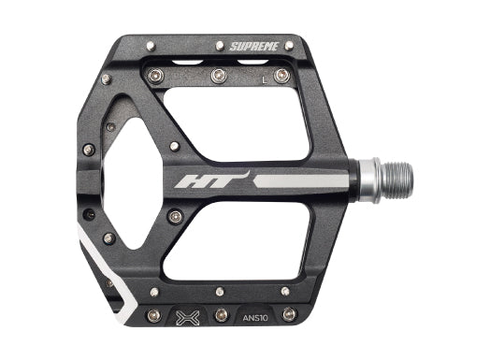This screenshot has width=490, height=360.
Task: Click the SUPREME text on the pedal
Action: tap(254, 47)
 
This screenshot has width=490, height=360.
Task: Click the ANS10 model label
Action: tap(255, 318)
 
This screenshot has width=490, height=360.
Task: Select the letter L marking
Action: tap(265, 80)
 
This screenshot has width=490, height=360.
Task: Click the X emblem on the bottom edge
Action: tap(188, 318)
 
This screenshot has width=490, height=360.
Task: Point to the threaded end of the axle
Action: tap(396, 181)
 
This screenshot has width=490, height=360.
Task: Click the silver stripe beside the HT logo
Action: tap(300, 181)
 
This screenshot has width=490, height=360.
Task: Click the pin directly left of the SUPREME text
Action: tap(220, 46)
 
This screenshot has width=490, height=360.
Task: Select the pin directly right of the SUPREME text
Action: tap(289, 46)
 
